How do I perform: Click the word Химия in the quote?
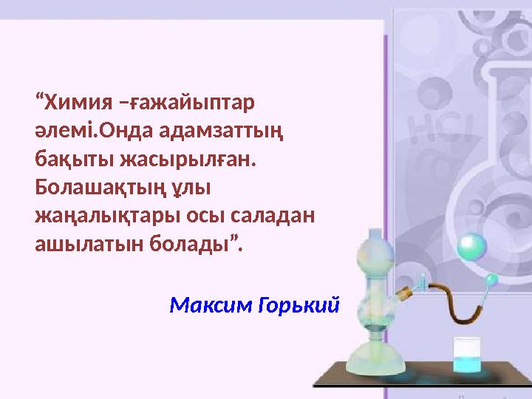pos(75,100)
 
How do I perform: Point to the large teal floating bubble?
pos(471,245)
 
